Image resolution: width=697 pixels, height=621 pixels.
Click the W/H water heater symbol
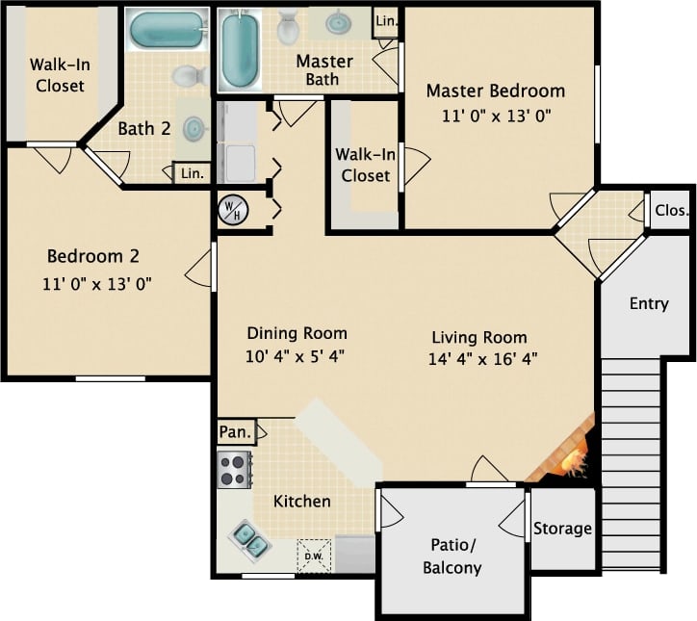(232, 209)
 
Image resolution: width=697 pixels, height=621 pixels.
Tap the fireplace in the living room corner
(567, 453)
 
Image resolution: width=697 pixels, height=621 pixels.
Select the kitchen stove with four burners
(233, 470)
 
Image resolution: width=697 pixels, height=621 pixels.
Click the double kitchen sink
(249, 540)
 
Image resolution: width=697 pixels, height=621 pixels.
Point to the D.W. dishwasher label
(314, 555)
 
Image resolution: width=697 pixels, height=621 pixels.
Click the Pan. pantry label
(235, 432)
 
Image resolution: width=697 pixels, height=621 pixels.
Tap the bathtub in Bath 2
(166, 31)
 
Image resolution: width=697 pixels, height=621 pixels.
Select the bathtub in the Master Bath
(240, 49)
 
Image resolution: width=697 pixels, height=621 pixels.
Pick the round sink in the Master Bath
(338, 21)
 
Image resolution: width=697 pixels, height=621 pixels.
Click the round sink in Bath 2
(194, 127)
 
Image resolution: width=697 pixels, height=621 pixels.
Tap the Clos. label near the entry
(671, 211)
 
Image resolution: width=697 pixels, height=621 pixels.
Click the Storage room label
(562, 529)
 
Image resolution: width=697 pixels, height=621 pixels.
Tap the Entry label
(648, 304)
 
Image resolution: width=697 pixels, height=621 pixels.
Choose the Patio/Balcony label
(452, 556)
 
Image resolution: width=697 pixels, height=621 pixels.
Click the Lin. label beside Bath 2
(192, 173)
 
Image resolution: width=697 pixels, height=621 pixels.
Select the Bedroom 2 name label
(93, 256)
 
